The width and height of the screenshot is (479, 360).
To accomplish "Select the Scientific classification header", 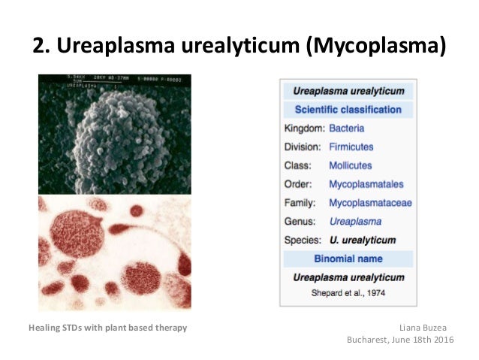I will click(348, 110).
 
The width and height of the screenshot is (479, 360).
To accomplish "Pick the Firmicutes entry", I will click(351, 147).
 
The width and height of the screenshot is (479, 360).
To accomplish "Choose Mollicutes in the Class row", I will click(350, 165).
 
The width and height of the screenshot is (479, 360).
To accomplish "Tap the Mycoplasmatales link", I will click(366, 184).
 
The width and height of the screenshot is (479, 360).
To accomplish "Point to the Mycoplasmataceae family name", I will click(370, 203).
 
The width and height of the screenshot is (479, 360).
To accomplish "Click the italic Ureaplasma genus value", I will click(355, 222).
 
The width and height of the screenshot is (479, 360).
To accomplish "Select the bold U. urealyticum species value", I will click(362, 241).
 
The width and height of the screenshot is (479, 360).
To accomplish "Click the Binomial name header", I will click(348, 259).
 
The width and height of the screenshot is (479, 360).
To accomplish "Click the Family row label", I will click(300, 203).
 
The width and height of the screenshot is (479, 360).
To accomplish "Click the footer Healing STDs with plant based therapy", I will click(107, 328).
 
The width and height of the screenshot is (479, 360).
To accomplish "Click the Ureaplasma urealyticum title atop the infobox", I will click(348, 91).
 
